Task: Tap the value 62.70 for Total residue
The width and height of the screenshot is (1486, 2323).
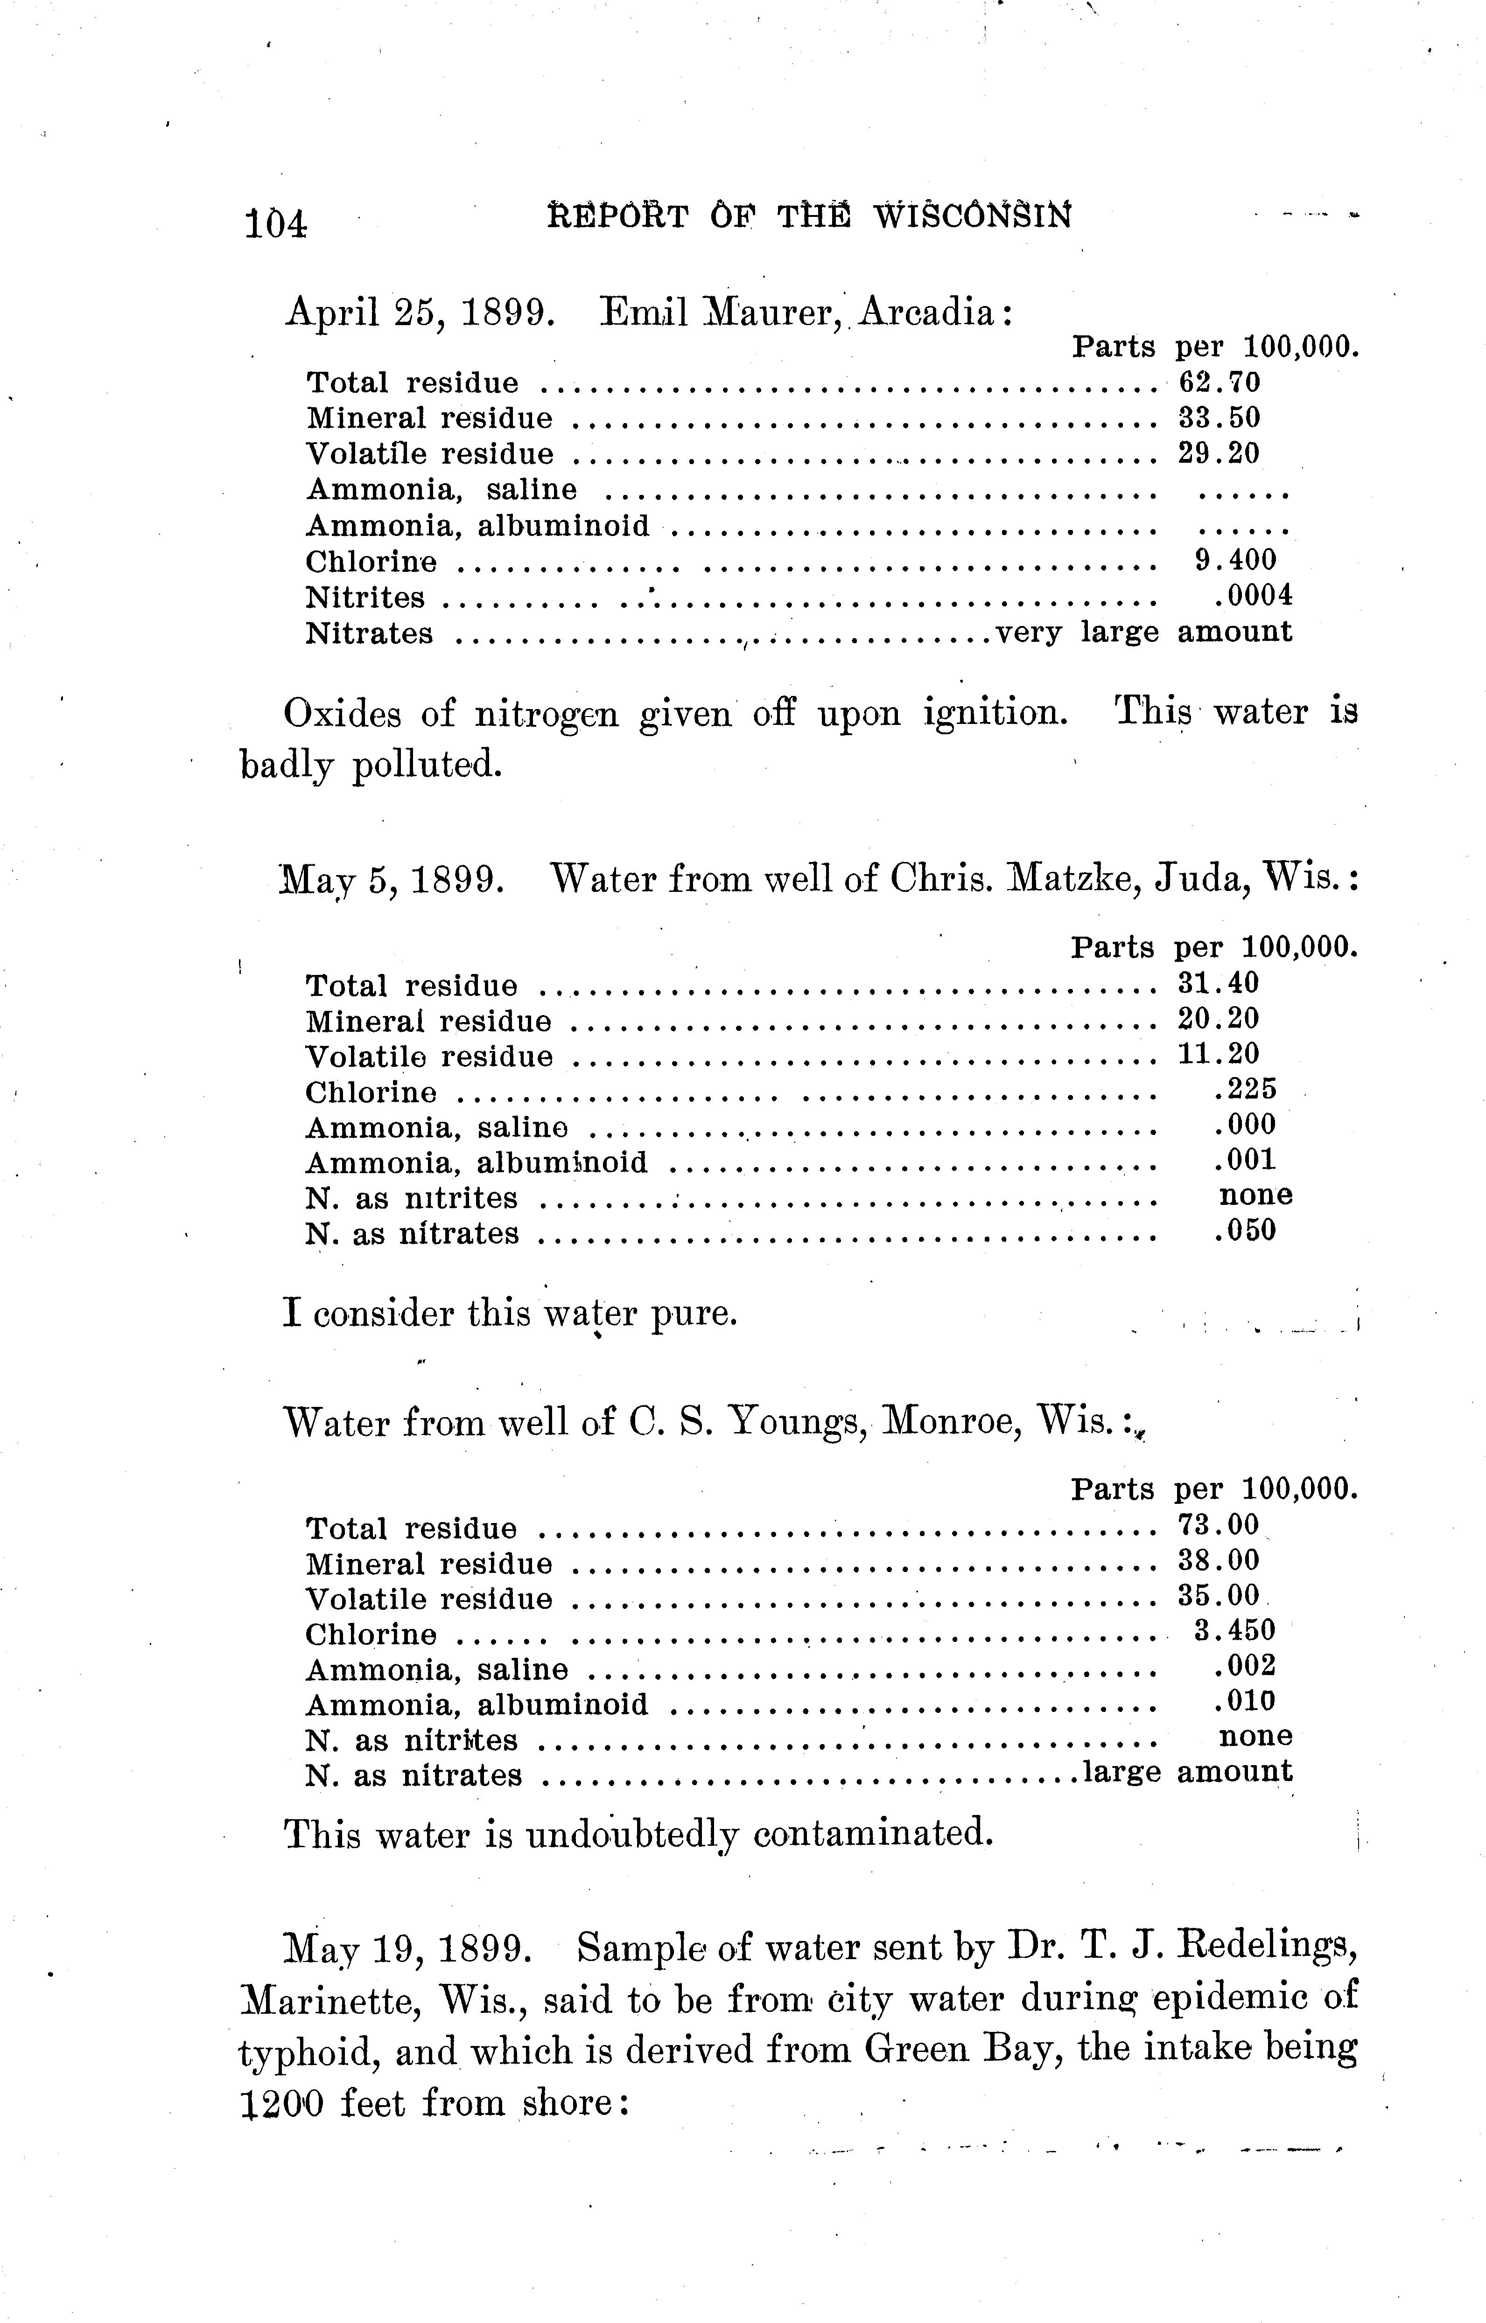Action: click(1219, 383)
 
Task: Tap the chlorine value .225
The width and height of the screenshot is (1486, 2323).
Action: click(1245, 1089)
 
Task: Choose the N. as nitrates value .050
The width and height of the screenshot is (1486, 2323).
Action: click(1245, 1231)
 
